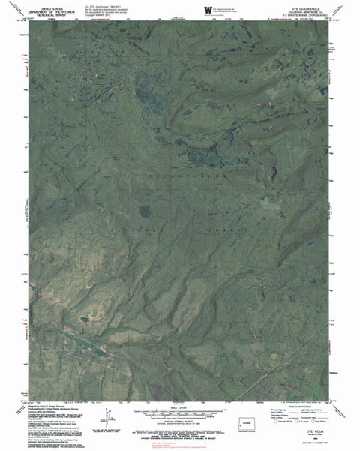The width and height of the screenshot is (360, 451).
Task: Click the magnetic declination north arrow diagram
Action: tap(109, 416)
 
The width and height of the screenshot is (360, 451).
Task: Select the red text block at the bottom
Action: tap(181, 443)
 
